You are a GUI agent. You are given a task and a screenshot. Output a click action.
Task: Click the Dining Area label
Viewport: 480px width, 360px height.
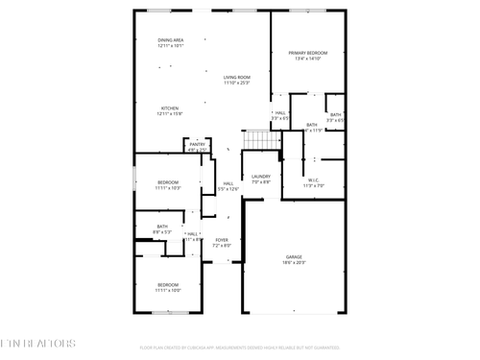[x=170, y=40]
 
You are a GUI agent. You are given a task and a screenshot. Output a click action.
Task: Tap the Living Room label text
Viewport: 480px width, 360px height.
[x=237, y=77]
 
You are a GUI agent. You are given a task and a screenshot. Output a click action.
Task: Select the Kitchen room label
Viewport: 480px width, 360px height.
[x=169, y=108]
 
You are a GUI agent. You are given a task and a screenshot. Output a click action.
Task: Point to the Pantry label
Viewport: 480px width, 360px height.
[x=197, y=145]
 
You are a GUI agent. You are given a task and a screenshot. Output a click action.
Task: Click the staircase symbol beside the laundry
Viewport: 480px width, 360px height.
[x=257, y=140]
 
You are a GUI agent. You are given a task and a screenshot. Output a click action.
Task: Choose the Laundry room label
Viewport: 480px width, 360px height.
[x=261, y=177]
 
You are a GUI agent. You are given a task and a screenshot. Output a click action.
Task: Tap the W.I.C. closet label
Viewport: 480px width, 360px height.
[x=314, y=180]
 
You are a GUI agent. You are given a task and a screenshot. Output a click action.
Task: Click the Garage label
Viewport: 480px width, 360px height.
[x=293, y=257]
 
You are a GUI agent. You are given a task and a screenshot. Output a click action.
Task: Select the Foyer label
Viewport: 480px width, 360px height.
[x=222, y=240]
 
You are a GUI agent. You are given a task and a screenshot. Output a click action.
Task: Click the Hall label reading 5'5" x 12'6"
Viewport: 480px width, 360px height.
[x=228, y=183]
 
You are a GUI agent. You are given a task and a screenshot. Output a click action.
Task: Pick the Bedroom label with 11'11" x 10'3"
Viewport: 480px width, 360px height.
[x=168, y=181]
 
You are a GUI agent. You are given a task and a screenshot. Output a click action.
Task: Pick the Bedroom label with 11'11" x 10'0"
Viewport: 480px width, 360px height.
[x=168, y=284]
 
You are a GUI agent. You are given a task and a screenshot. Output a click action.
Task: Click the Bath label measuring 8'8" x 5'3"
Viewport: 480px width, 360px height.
[x=162, y=227]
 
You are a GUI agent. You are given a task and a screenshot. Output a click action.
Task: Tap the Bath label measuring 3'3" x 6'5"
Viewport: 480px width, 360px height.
[x=335, y=114]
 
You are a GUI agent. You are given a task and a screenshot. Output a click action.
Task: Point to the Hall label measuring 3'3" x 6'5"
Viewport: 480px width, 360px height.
[x=280, y=113]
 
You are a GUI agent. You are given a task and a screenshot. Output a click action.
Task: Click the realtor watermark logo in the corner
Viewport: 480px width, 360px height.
[x=39, y=343]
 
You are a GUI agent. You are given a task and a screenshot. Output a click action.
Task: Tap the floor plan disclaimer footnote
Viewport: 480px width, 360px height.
[x=239, y=348]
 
